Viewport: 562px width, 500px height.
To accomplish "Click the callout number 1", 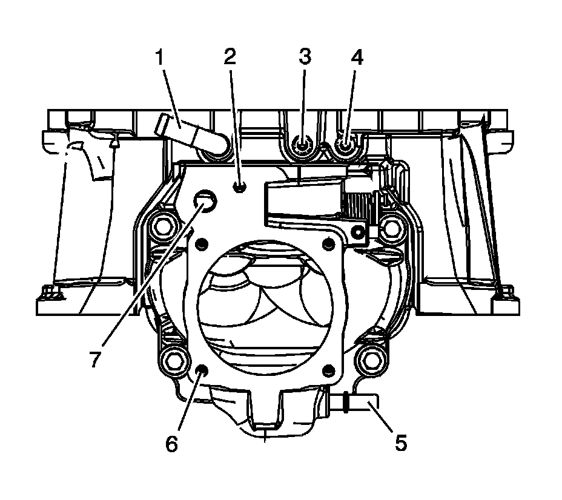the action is click(160, 58).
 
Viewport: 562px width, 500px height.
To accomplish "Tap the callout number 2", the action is click(230, 57).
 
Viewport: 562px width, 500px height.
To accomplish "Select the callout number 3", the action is click(305, 57).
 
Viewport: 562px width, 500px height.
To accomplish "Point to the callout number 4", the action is click(357, 57).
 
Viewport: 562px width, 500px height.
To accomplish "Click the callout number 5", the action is click(401, 443).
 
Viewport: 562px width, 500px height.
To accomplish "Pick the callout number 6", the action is click(172, 444).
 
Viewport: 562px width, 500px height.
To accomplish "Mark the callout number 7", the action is click(94, 358).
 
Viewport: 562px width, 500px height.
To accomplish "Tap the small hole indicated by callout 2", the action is click(240, 187).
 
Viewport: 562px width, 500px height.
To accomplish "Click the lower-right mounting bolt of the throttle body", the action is click(371, 361).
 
